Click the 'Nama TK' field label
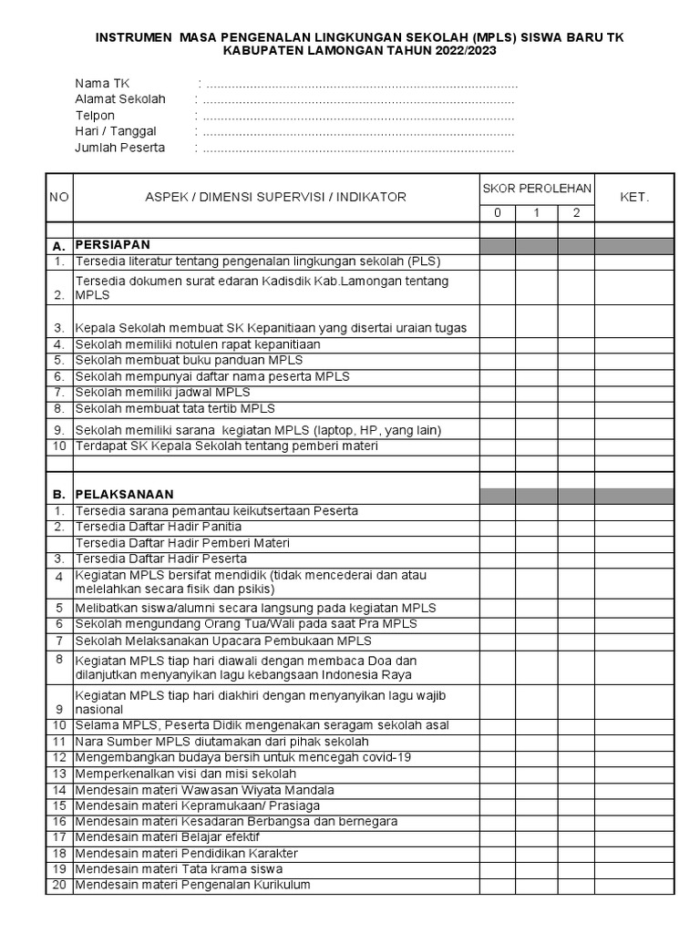point(102,83)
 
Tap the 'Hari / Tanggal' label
point(116,131)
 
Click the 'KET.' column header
point(634,197)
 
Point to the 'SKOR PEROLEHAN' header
point(537,189)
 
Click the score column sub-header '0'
point(498,213)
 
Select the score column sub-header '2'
point(576,213)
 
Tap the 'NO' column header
point(58,197)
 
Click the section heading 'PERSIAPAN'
point(112,246)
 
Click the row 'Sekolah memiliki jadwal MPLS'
point(162,392)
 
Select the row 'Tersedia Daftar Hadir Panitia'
point(159,527)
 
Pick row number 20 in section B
point(59,885)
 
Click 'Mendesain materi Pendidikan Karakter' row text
point(187,853)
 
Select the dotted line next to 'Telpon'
point(355,116)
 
